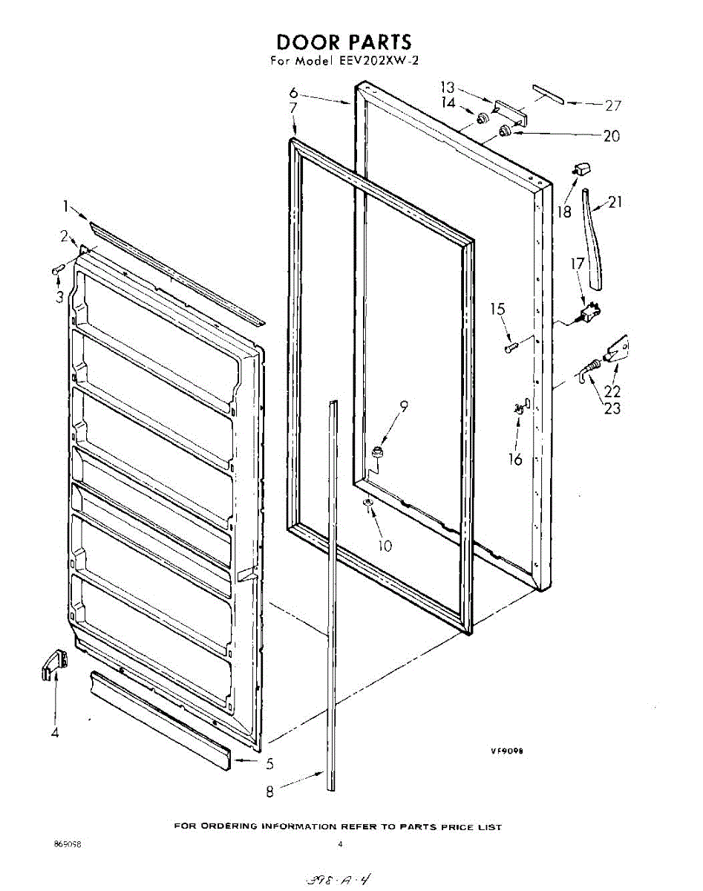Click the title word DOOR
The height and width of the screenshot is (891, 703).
[306, 42]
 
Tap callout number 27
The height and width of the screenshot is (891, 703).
[612, 105]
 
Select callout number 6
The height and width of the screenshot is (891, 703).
[294, 94]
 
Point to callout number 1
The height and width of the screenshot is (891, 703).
[65, 206]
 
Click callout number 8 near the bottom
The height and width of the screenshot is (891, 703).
[269, 792]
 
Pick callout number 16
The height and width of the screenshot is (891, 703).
[515, 459]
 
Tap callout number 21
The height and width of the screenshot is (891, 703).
[616, 202]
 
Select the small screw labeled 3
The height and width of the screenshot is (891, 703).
[56, 271]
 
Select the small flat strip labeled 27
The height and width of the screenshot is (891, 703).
[548, 94]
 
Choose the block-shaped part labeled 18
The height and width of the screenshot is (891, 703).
[581, 169]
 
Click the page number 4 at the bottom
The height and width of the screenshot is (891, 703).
[339, 844]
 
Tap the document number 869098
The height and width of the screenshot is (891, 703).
[68, 844]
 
